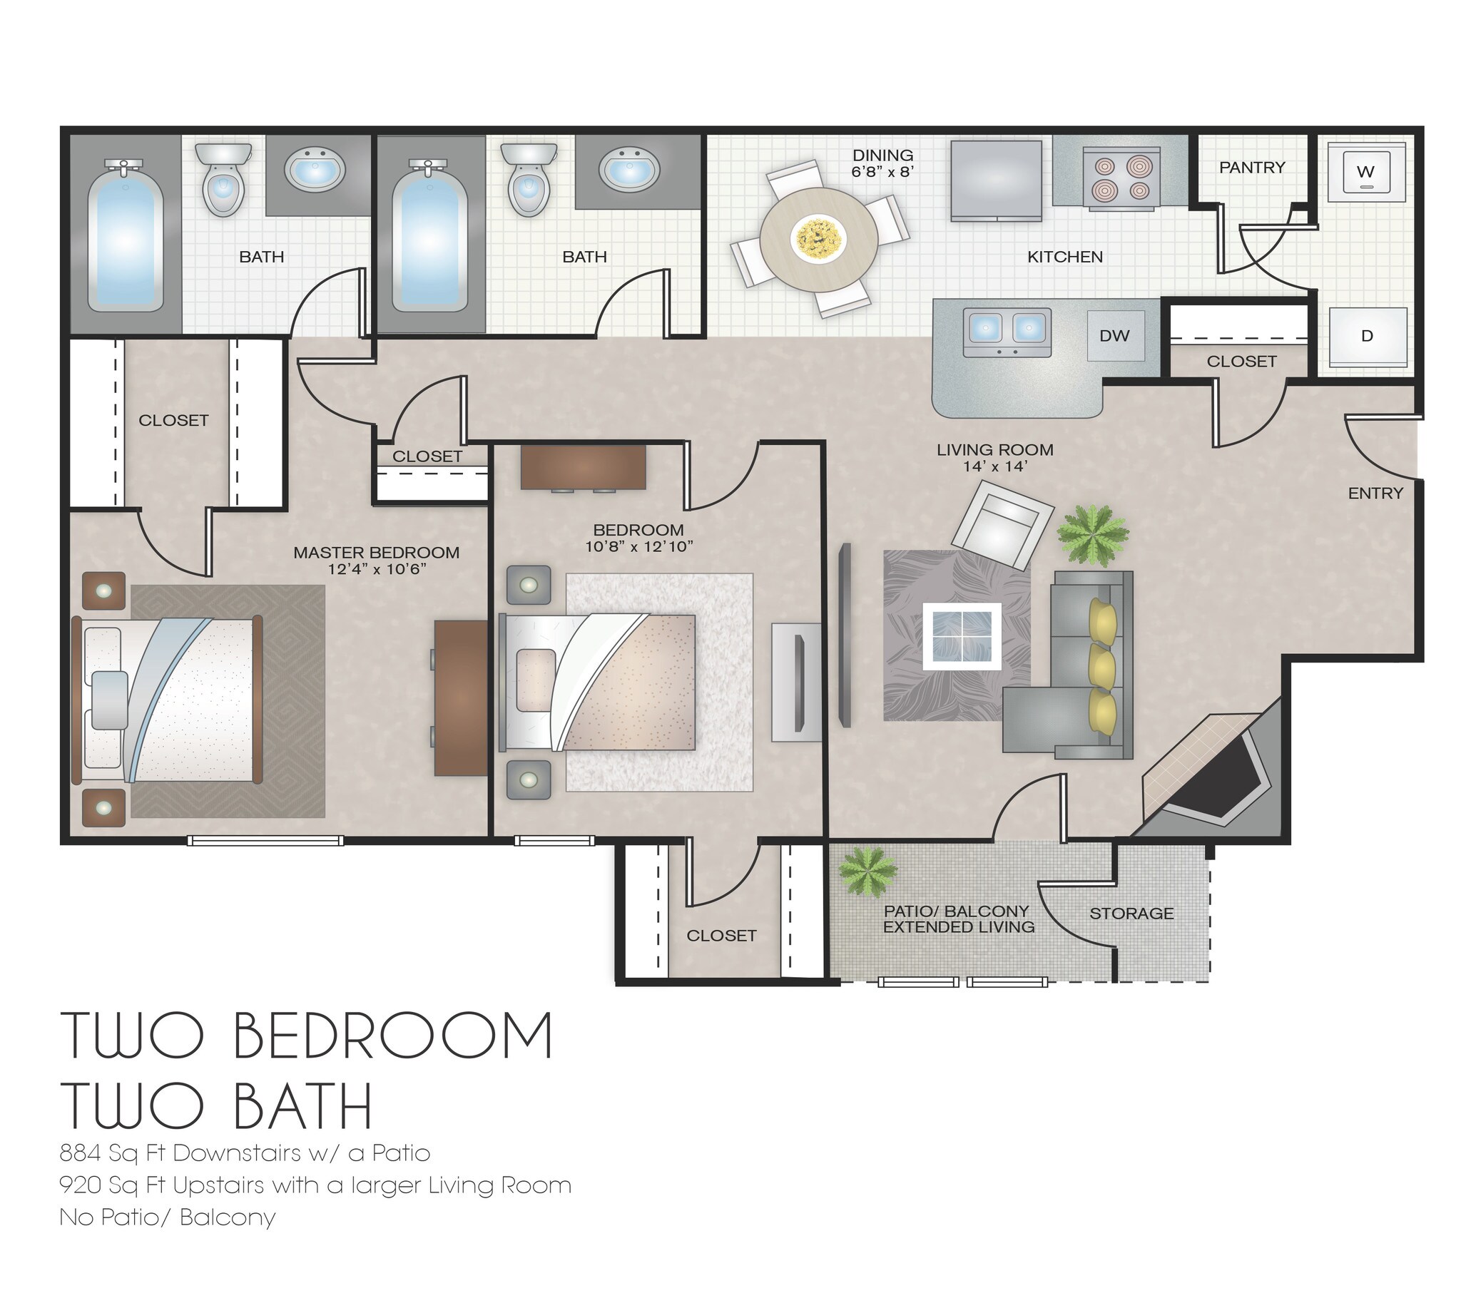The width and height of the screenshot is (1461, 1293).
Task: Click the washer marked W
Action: point(1365,173)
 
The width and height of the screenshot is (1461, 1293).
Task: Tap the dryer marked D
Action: point(1367,337)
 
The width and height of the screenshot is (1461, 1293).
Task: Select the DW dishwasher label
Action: point(1114,336)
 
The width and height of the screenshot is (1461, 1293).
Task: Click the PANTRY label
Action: point(1251,168)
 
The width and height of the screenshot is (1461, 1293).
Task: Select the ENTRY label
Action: point(1375,494)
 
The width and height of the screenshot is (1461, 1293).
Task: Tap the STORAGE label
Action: point(1131,914)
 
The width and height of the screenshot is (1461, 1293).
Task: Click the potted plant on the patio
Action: point(867,872)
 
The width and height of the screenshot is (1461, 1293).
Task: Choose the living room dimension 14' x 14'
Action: point(994,466)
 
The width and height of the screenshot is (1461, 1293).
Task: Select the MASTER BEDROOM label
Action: point(376,553)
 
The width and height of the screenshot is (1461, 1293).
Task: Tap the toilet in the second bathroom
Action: point(529,180)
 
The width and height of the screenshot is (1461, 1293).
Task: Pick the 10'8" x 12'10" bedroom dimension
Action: point(638,547)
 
